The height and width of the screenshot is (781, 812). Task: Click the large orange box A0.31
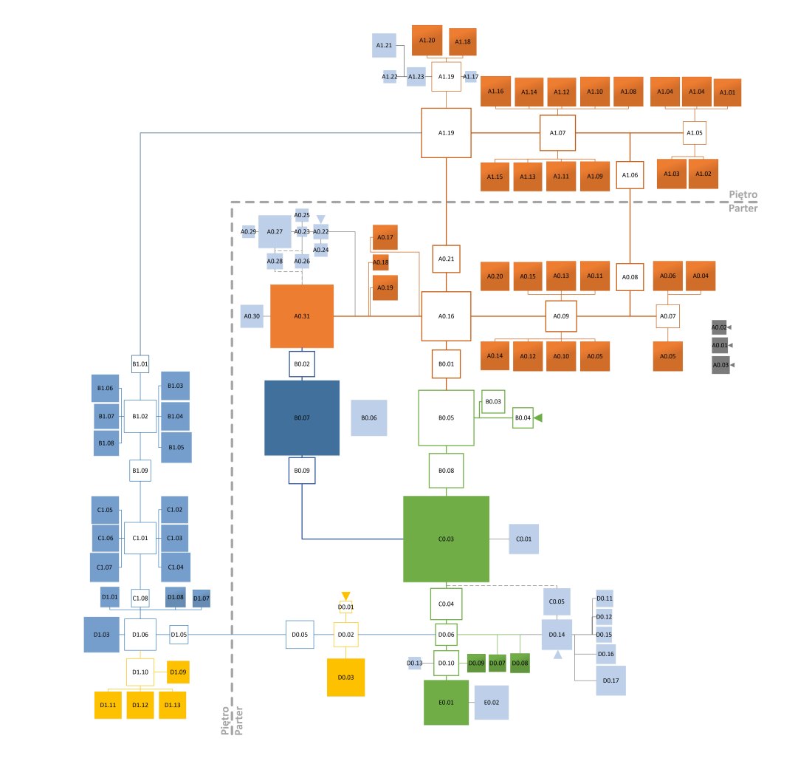302,316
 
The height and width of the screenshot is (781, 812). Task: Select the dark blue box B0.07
302,417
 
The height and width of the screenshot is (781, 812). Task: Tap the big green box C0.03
446,539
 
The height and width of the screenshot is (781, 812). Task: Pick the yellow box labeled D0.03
345,677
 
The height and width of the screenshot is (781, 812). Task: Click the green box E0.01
446,703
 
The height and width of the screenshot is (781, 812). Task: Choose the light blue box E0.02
492,703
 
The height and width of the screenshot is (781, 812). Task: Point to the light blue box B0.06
369,418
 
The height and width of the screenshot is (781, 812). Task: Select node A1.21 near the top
384,46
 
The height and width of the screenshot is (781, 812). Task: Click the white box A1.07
557,133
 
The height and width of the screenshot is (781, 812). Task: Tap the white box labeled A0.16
446,316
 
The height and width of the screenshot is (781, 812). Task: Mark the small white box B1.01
140,364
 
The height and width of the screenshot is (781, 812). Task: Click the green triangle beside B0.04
538,418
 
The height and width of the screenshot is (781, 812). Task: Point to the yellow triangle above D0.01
345,596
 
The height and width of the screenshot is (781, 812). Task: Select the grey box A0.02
720,327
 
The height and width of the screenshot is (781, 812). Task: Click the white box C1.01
140,538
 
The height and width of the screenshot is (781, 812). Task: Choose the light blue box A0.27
275,231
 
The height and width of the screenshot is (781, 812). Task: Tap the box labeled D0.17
610,681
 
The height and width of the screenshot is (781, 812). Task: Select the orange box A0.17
385,237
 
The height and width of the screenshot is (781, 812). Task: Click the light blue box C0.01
524,539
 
